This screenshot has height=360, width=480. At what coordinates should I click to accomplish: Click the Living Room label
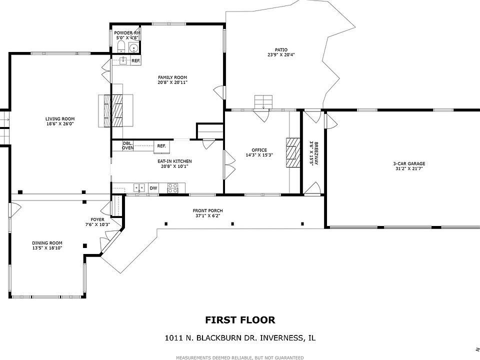(60, 121)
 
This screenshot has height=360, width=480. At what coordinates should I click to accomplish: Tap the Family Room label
(172, 79)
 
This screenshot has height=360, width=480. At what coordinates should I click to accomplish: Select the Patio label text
(277, 52)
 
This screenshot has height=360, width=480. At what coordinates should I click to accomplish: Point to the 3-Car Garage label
(409, 166)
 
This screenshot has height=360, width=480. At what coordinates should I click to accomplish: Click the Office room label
(259, 152)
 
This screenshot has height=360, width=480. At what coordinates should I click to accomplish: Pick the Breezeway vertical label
(313, 153)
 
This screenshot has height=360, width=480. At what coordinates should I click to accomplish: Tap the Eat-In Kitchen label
(174, 163)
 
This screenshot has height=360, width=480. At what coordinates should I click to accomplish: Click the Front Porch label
(208, 213)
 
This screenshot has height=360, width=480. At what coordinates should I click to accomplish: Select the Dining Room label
(47, 245)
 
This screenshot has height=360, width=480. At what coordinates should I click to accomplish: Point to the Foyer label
(97, 222)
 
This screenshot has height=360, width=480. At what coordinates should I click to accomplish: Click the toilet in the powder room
(120, 47)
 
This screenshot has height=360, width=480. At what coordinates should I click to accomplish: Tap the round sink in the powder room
(133, 48)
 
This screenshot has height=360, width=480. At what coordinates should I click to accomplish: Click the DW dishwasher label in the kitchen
(153, 188)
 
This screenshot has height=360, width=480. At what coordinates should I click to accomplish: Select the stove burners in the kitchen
(172, 188)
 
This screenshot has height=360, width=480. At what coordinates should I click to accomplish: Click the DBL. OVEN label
(127, 145)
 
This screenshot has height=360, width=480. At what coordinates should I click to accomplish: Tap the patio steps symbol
(263, 101)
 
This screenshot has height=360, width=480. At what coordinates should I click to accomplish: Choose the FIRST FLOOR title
(240, 320)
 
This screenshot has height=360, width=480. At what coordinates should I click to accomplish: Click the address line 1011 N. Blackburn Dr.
(240, 338)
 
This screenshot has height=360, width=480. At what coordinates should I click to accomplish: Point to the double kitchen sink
(138, 188)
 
